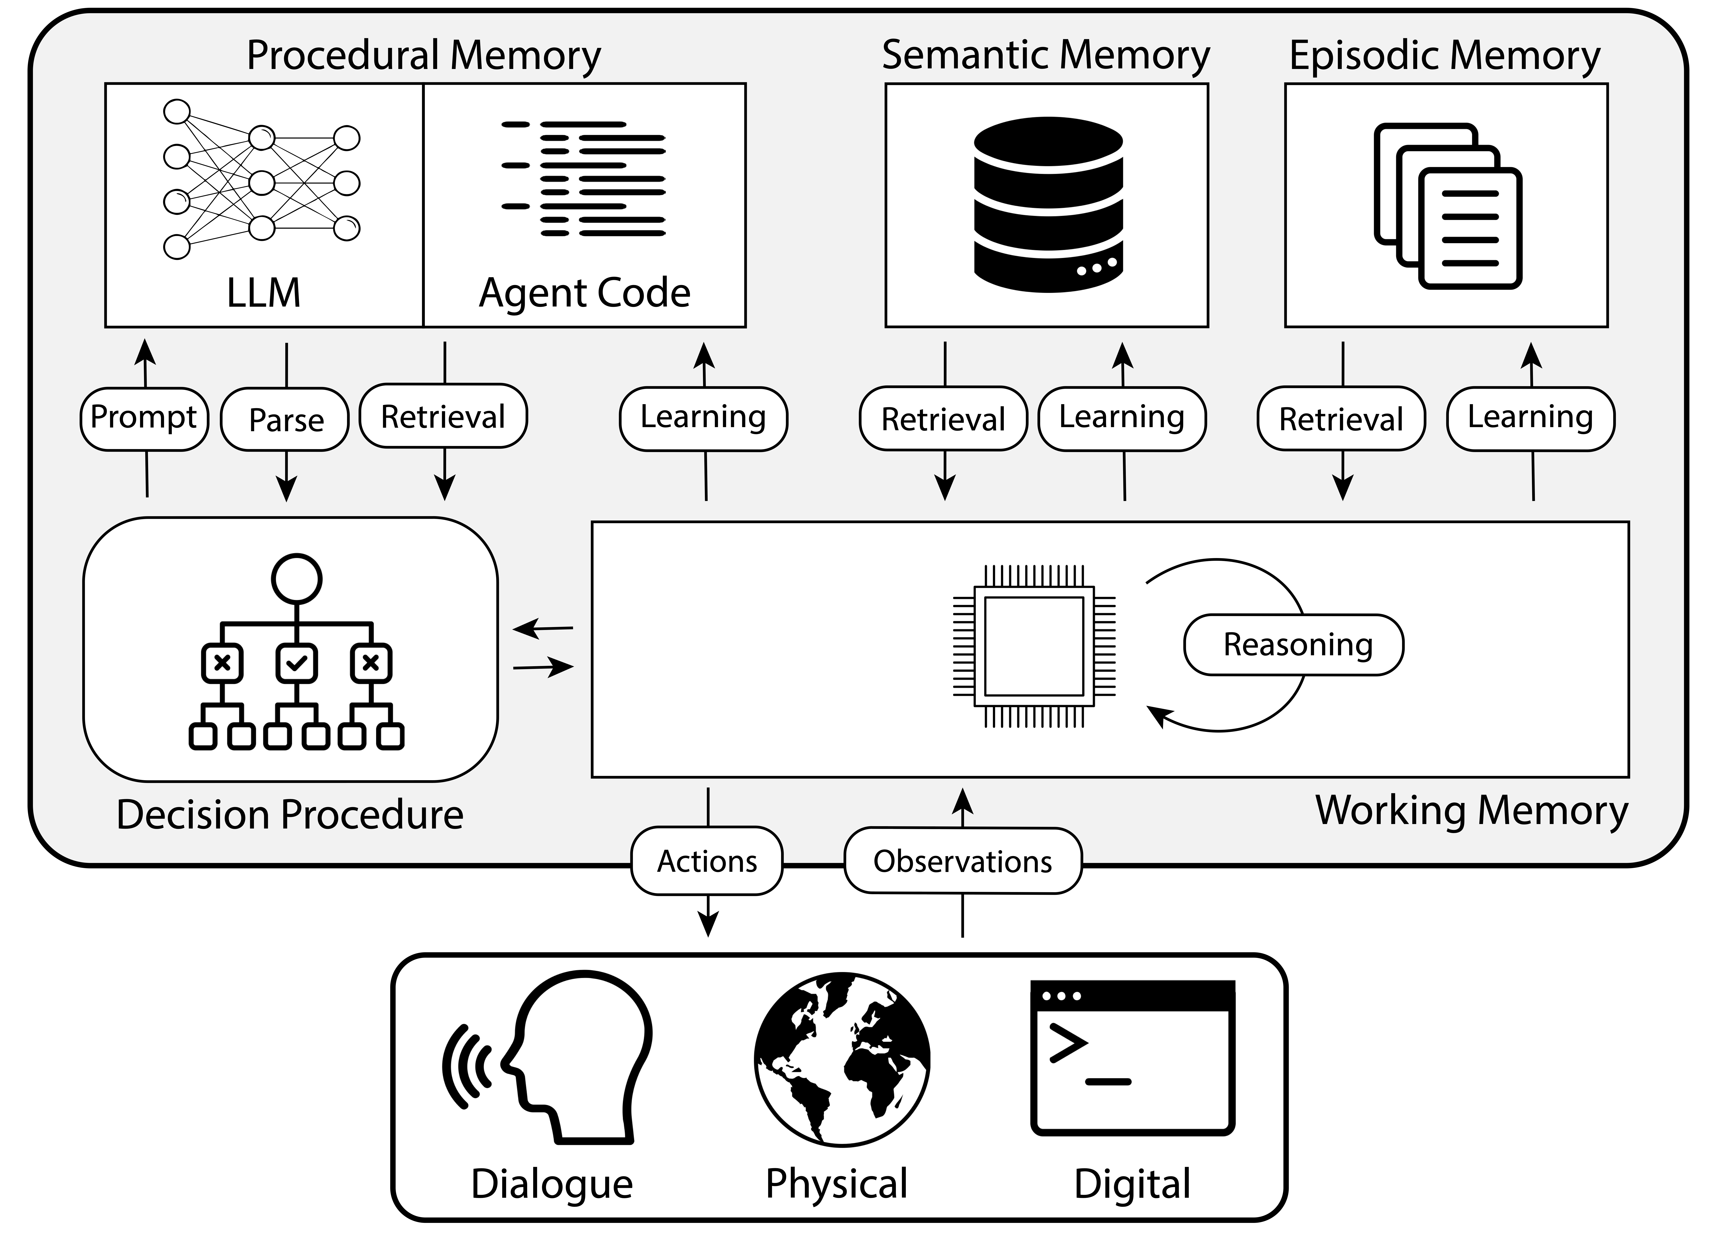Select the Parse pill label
point(286,420)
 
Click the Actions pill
point(707,861)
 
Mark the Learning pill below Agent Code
point(703,418)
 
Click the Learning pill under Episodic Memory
point(1530,418)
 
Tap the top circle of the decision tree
point(296,579)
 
